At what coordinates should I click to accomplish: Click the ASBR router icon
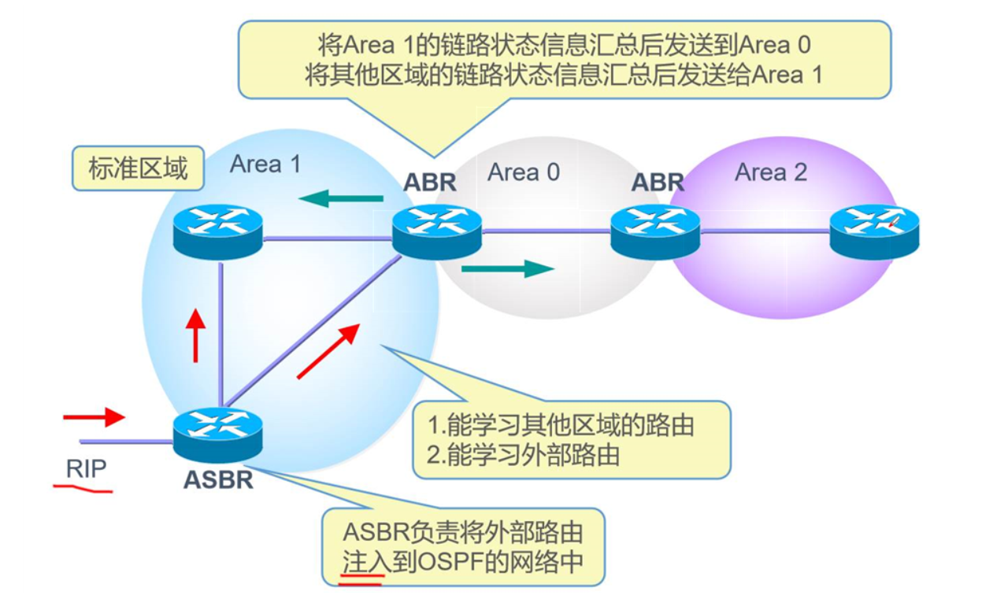pyautogui.click(x=217, y=434)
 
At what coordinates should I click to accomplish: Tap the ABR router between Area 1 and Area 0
pyautogui.click(x=437, y=231)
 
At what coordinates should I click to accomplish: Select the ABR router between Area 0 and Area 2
pyautogui.click(x=655, y=231)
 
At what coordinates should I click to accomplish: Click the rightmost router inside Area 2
pyautogui.click(x=874, y=231)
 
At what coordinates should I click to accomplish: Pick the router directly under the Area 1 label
pyautogui.click(x=217, y=231)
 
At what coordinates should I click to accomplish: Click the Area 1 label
pyautogui.click(x=265, y=165)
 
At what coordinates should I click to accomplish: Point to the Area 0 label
pyautogui.click(x=524, y=172)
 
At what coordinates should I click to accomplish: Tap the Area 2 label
pyautogui.click(x=771, y=172)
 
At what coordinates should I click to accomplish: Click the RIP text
pyautogui.click(x=86, y=468)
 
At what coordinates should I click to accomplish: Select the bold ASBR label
pyautogui.click(x=218, y=480)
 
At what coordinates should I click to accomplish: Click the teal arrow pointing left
pyautogui.click(x=341, y=198)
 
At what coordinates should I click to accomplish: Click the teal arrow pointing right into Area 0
pyautogui.click(x=508, y=269)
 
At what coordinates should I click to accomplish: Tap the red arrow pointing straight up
pyautogui.click(x=195, y=335)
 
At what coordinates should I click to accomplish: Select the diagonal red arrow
pyautogui.click(x=328, y=351)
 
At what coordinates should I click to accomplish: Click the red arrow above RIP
pyautogui.click(x=94, y=417)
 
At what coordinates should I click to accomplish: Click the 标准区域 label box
pyautogui.click(x=138, y=168)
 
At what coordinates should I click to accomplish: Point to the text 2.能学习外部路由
pyautogui.click(x=523, y=454)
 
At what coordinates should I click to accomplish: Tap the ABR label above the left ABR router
pyautogui.click(x=429, y=183)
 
